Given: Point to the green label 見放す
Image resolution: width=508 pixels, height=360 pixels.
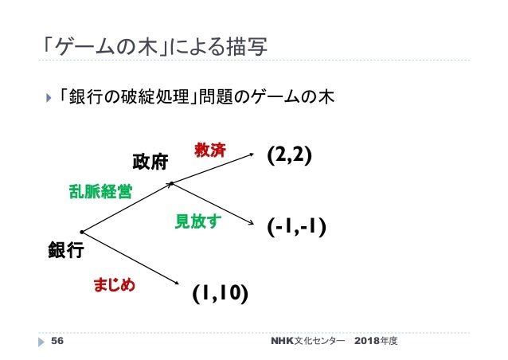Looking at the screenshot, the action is [x=197, y=221].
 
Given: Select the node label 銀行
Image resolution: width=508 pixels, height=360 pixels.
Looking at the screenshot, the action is [x=65, y=252].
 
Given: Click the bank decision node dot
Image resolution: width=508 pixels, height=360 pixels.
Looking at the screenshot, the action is [x=82, y=233].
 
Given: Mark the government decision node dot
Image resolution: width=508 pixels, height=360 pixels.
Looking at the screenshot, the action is [x=171, y=184].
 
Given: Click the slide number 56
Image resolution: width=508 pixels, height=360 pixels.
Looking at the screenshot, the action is [x=57, y=341].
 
